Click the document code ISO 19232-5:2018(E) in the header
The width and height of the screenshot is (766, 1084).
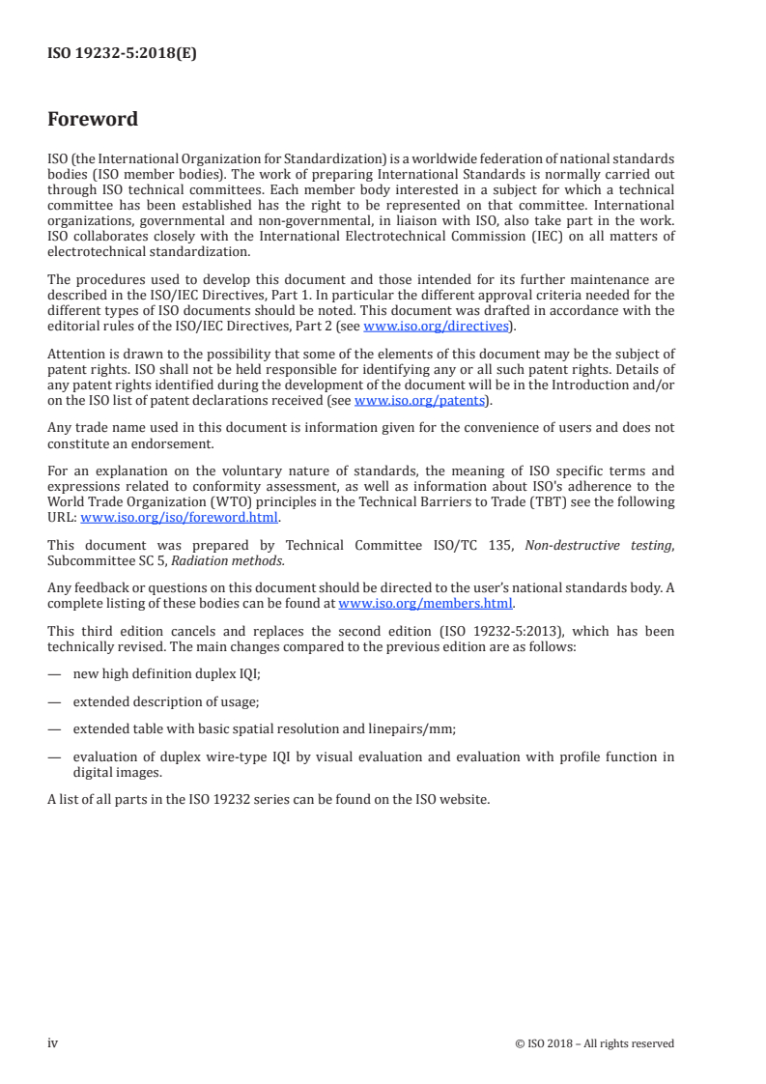[122, 55]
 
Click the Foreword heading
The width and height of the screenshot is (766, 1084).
[93, 120]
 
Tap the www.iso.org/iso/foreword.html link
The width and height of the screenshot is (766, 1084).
[180, 517]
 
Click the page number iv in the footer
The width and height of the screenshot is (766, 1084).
[53, 1042]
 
